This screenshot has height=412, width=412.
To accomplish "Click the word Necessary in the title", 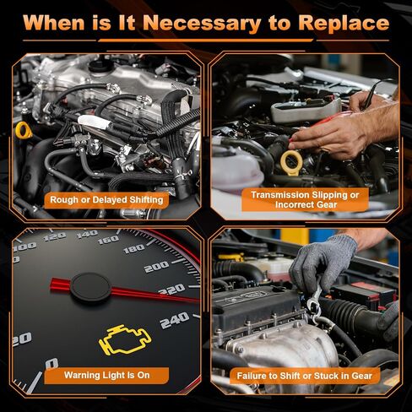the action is point(202,23).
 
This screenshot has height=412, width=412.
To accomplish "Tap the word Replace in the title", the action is point(344,23).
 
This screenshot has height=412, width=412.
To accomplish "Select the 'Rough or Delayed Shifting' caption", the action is point(106,200).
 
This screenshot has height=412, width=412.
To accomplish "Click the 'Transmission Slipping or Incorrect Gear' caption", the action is point(306,199).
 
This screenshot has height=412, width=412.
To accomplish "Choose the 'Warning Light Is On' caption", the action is point(106,375).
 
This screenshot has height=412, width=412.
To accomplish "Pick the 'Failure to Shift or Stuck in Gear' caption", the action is point(305,376).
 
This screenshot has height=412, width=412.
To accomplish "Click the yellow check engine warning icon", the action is point(125,339).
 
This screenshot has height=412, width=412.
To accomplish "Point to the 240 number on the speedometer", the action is point(175,320).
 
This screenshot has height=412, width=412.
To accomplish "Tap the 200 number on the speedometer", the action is point(156,267).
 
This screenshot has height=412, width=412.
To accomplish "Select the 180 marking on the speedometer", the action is point(134,248).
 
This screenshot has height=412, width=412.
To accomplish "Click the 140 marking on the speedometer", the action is point(87,234).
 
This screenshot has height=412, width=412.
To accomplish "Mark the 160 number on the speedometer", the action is point(109,240).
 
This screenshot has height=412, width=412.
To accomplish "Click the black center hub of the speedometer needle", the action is point(90,287).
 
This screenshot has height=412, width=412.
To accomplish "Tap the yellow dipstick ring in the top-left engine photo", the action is point(22,130).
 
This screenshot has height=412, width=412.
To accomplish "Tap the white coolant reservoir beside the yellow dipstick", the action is point(237,168).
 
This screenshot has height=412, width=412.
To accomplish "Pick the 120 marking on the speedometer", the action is point(55,236).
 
